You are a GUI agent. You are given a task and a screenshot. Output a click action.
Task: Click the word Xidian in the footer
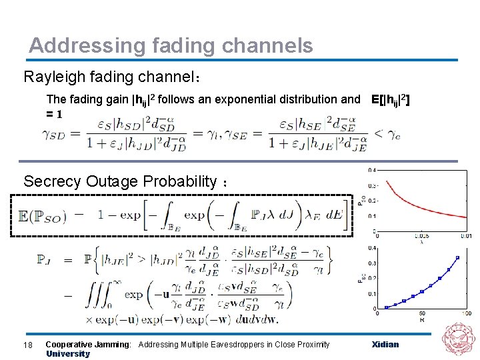[x=385, y=344]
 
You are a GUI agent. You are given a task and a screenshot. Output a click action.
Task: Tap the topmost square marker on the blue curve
[x=457, y=257]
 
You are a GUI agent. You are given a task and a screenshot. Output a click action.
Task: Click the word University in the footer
[x=67, y=354]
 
